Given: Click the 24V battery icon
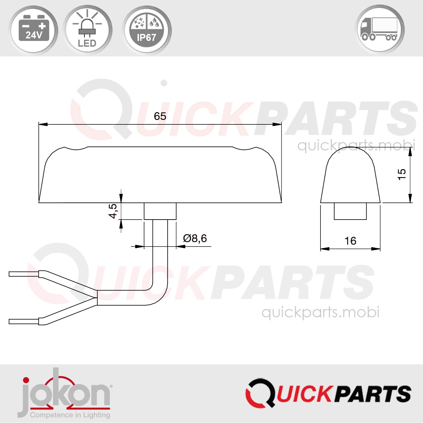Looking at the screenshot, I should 34,30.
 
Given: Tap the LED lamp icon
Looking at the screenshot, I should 87,30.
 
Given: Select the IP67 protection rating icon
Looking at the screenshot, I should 146,30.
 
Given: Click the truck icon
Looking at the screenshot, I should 380,30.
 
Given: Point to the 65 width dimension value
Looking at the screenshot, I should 160,116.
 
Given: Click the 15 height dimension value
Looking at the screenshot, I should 402,174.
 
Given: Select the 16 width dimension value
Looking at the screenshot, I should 350,241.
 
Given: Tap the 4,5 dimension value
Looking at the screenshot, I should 113,211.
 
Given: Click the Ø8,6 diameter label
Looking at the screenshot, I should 195,238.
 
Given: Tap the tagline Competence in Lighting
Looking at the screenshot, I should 70,415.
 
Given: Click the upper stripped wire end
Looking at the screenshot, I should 24,274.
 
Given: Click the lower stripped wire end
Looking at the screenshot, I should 24,321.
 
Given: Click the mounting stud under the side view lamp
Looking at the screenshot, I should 350,211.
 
